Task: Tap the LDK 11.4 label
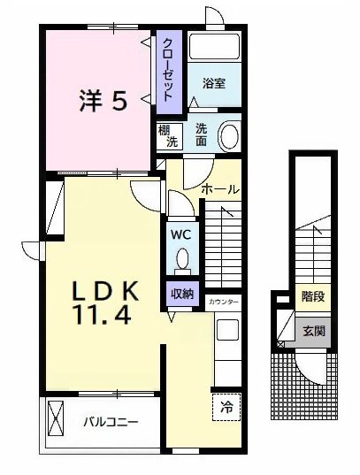coord(104,301)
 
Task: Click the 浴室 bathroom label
coord(212,84)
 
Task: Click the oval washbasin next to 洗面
coord(229,134)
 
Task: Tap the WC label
coord(180,236)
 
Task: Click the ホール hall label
coord(221,189)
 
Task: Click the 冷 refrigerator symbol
coord(226,408)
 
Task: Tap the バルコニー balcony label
coord(111,422)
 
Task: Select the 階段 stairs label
coord(311,296)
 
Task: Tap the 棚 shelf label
coord(165,129)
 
